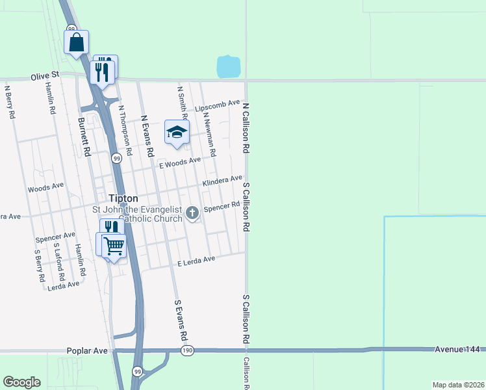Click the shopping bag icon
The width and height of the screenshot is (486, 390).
click(76, 43)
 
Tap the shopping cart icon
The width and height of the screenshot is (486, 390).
click(114, 246)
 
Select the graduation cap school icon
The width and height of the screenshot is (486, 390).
click(176, 133)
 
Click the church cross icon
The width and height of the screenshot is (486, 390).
click(192, 212)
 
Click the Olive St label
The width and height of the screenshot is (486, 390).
click(44, 77)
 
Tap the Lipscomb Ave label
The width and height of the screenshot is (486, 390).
click(218, 106)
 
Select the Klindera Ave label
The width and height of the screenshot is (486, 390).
click(222, 181)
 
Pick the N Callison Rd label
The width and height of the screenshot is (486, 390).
click(246, 127)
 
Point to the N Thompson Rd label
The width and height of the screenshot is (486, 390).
click(125, 131)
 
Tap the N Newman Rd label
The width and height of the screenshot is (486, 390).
click(209, 133)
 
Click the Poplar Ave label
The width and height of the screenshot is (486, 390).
click(87, 350)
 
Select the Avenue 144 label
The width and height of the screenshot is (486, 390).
click(457, 350)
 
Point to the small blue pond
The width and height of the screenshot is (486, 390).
click(228, 66)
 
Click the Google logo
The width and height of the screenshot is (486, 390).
click(21, 382)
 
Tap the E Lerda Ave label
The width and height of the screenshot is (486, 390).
click(196, 261)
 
